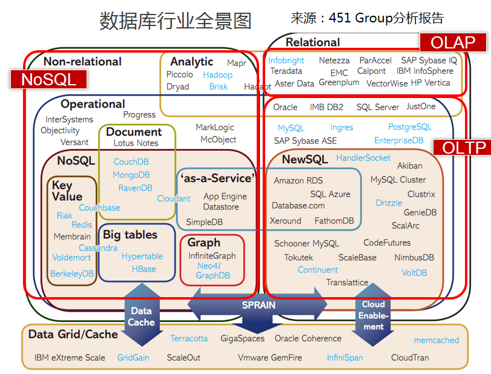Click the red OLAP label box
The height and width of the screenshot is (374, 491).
coord(453,42)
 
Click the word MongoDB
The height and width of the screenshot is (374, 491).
coord(131,175)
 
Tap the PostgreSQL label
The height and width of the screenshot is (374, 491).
coord(410,127)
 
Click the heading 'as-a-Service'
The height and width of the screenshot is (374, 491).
coord(216,179)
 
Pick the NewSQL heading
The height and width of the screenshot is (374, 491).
coord(305,160)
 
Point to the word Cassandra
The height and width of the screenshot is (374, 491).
coord(98,248)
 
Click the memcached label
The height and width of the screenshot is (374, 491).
coord(436,340)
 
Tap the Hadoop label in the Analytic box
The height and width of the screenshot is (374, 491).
coord(217,75)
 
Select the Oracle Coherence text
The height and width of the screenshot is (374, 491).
coord(308,338)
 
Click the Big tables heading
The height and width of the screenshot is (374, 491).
coord(130,235)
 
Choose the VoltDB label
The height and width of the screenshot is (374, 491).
coord(414,272)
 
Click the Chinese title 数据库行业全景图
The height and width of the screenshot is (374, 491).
coord(175,21)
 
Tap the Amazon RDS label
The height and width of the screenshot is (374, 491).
coord(298,180)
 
